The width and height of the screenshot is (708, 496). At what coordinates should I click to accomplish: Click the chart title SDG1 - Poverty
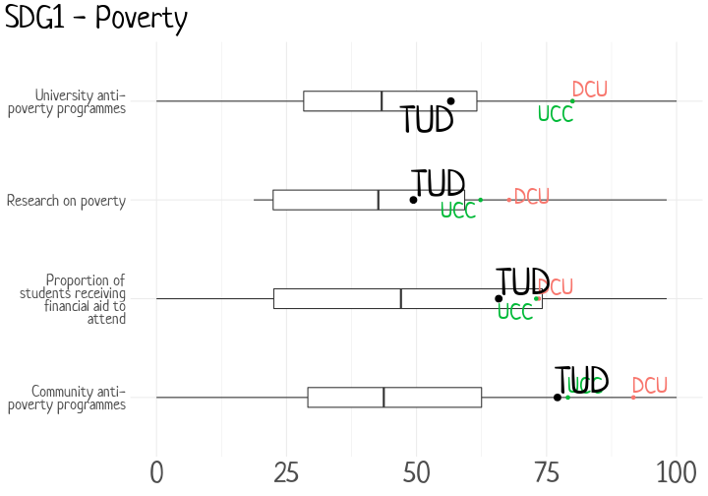95,18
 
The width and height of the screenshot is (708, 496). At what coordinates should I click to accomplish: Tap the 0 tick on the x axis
156,472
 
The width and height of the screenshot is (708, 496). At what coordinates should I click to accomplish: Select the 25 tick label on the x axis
286,472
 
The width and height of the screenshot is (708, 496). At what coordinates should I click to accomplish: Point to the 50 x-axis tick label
416,472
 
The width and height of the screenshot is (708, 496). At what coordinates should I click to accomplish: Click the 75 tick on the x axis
546,472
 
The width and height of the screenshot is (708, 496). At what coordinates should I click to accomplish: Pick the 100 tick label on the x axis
676,472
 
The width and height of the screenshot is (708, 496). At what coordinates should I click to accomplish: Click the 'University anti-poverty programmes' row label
67,102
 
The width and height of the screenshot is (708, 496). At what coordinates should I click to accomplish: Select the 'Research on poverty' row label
66,201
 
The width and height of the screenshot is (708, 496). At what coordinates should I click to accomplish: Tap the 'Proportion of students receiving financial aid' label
73,299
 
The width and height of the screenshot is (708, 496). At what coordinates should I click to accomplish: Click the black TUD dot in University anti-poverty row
451,101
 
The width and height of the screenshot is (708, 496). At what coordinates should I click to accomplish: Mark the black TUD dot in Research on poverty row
413,200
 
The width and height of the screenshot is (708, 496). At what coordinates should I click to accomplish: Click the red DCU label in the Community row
649,386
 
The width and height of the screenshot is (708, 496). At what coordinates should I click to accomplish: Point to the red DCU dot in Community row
633,397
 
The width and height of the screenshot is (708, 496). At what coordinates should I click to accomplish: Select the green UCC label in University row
555,114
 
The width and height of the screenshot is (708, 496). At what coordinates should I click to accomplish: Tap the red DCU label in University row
589,90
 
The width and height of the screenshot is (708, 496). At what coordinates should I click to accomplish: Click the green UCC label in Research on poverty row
458,211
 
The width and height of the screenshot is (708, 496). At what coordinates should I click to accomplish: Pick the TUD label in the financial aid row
522,281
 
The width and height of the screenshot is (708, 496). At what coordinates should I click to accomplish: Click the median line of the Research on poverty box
379,200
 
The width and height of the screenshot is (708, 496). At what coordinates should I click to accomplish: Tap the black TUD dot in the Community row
558,398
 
